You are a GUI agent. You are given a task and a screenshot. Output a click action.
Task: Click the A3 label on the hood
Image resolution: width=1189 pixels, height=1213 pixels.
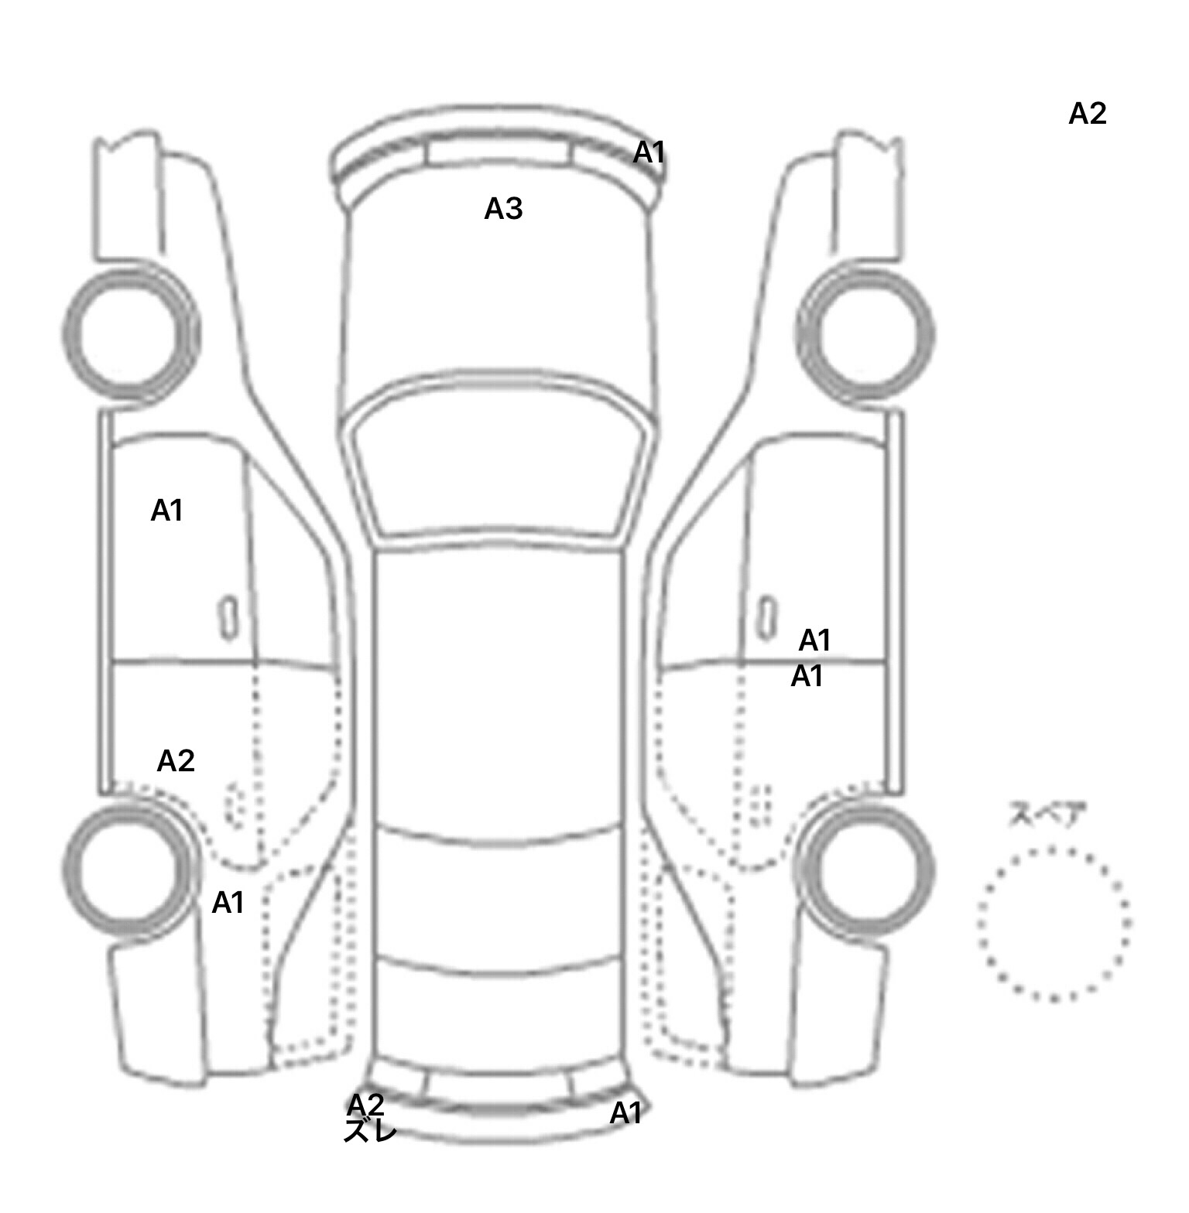point(503,209)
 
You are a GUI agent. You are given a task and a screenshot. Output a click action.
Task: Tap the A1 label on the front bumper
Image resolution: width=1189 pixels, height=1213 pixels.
point(649,153)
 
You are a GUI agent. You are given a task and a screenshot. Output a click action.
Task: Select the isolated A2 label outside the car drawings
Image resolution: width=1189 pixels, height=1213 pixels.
point(1088,114)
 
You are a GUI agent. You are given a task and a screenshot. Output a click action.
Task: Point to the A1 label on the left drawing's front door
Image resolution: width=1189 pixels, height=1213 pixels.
point(166,511)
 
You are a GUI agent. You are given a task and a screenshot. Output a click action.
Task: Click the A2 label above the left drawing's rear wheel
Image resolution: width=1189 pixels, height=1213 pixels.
point(176,761)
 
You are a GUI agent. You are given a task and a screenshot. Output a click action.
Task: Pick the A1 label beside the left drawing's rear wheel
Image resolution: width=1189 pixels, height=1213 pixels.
point(228,902)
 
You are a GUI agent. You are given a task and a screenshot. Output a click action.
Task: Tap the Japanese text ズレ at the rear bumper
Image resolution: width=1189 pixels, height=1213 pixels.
point(371,1131)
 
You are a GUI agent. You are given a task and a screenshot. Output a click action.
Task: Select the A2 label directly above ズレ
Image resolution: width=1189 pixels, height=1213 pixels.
point(365,1105)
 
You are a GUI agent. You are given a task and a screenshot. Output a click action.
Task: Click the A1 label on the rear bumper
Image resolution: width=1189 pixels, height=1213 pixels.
point(625,1113)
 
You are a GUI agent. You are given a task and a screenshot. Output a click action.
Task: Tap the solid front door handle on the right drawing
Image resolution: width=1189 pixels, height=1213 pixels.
point(766,617)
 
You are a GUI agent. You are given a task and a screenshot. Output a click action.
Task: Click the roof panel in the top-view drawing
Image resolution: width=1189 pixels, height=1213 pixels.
point(498,689)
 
